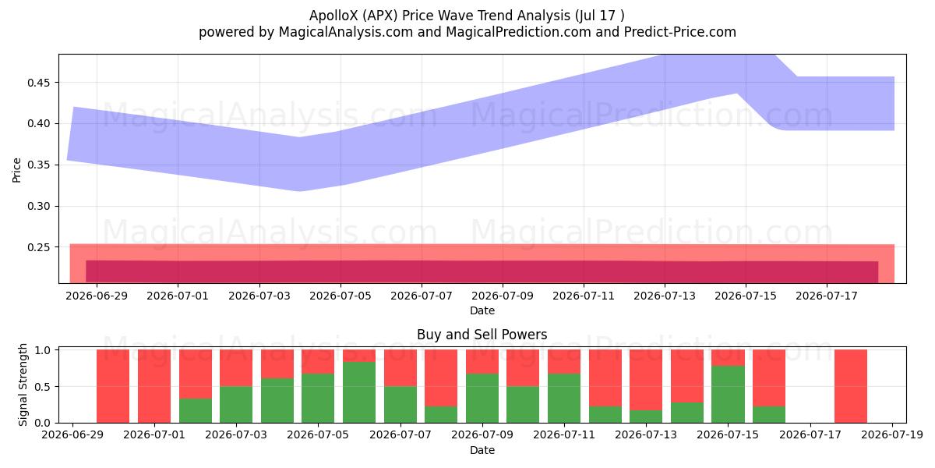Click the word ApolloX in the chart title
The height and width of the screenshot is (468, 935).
(x=333, y=16)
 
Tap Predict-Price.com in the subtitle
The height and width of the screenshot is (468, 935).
(x=680, y=32)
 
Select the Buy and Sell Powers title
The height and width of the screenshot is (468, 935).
(x=482, y=335)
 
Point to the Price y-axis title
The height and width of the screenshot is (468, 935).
(x=16, y=170)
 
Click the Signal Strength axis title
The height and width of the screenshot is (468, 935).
(x=23, y=385)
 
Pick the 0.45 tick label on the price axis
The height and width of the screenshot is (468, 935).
(x=38, y=83)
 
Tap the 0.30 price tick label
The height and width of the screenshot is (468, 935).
(x=38, y=207)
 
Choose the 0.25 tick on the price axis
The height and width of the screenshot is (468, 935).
(x=38, y=247)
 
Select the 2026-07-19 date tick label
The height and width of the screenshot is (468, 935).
(x=892, y=435)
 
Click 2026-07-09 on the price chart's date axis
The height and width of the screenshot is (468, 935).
(x=503, y=296)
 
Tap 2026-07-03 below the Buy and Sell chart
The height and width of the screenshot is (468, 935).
(x=236, y=435)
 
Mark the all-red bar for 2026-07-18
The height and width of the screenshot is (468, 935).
(x=851, y=386)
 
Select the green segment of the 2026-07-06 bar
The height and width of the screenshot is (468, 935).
(x=359, y=392)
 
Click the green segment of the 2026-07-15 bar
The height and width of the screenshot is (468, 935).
(x=728, y=395)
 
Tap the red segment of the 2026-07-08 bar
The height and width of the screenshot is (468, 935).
(x=441, y=378)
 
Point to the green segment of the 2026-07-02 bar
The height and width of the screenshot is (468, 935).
(x=196, y=411)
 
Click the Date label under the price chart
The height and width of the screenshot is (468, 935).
(x=482, y=311)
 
